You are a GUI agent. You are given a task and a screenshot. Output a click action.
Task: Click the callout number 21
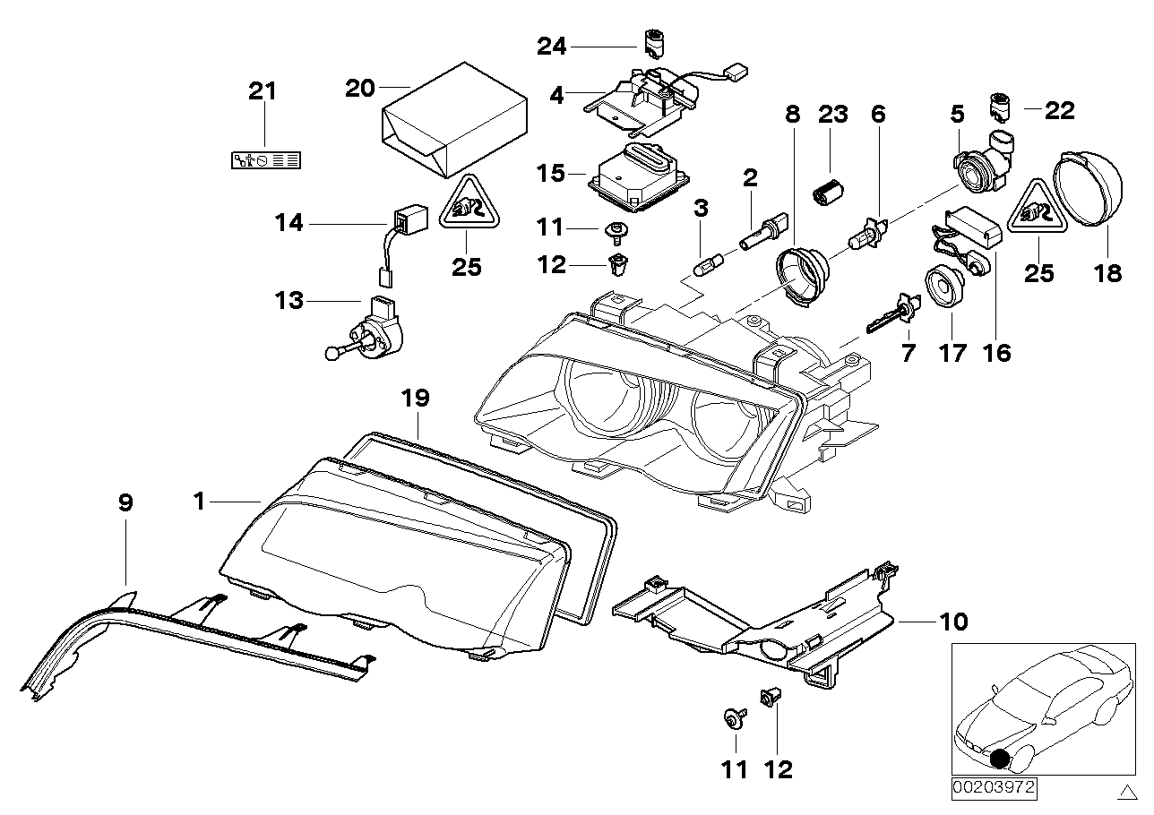(263, 91)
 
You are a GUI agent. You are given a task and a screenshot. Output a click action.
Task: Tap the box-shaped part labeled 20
(453, 121)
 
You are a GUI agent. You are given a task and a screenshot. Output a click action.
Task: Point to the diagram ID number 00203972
(993, 789)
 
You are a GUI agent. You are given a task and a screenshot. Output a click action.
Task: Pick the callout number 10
(954, 621)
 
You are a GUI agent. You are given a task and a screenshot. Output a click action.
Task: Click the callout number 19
(418, 398)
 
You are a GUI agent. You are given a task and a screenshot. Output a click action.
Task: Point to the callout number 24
(552, 46)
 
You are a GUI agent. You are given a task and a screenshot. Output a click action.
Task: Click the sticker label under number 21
(265, 160)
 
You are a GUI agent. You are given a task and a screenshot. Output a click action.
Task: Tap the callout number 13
(289, 302)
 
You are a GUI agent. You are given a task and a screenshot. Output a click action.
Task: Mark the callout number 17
(952, 353)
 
